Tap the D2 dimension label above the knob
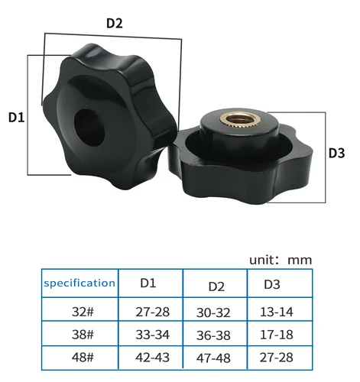(114, 23)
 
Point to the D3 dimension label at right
(337, 153)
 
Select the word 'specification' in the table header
(79, 283)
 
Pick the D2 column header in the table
(216, 286)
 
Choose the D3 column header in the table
(272, 284)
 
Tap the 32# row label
(79, 312)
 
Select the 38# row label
(79, 334)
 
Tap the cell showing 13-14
(277, 312)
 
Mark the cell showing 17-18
(277, 334)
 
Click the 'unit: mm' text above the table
(281, 259)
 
